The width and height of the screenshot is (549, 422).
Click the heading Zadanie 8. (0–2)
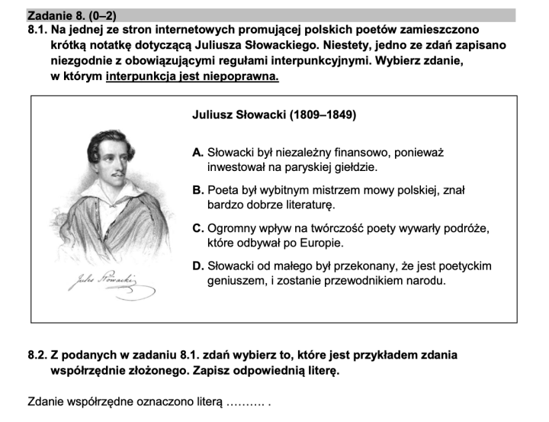(72, 14)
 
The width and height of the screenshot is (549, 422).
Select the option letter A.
(198, 153)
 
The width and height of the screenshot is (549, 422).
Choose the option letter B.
(198, 190)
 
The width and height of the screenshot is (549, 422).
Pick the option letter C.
(198, 228)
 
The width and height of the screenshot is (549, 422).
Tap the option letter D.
(198, 266)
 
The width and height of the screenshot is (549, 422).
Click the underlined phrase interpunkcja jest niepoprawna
(192, 76)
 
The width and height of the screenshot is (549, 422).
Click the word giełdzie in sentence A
(355, 166)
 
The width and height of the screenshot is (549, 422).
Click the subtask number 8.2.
(37, 355)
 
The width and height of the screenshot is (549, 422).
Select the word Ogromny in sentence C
(232, 228)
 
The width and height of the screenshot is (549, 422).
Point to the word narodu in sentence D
(425, 280)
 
